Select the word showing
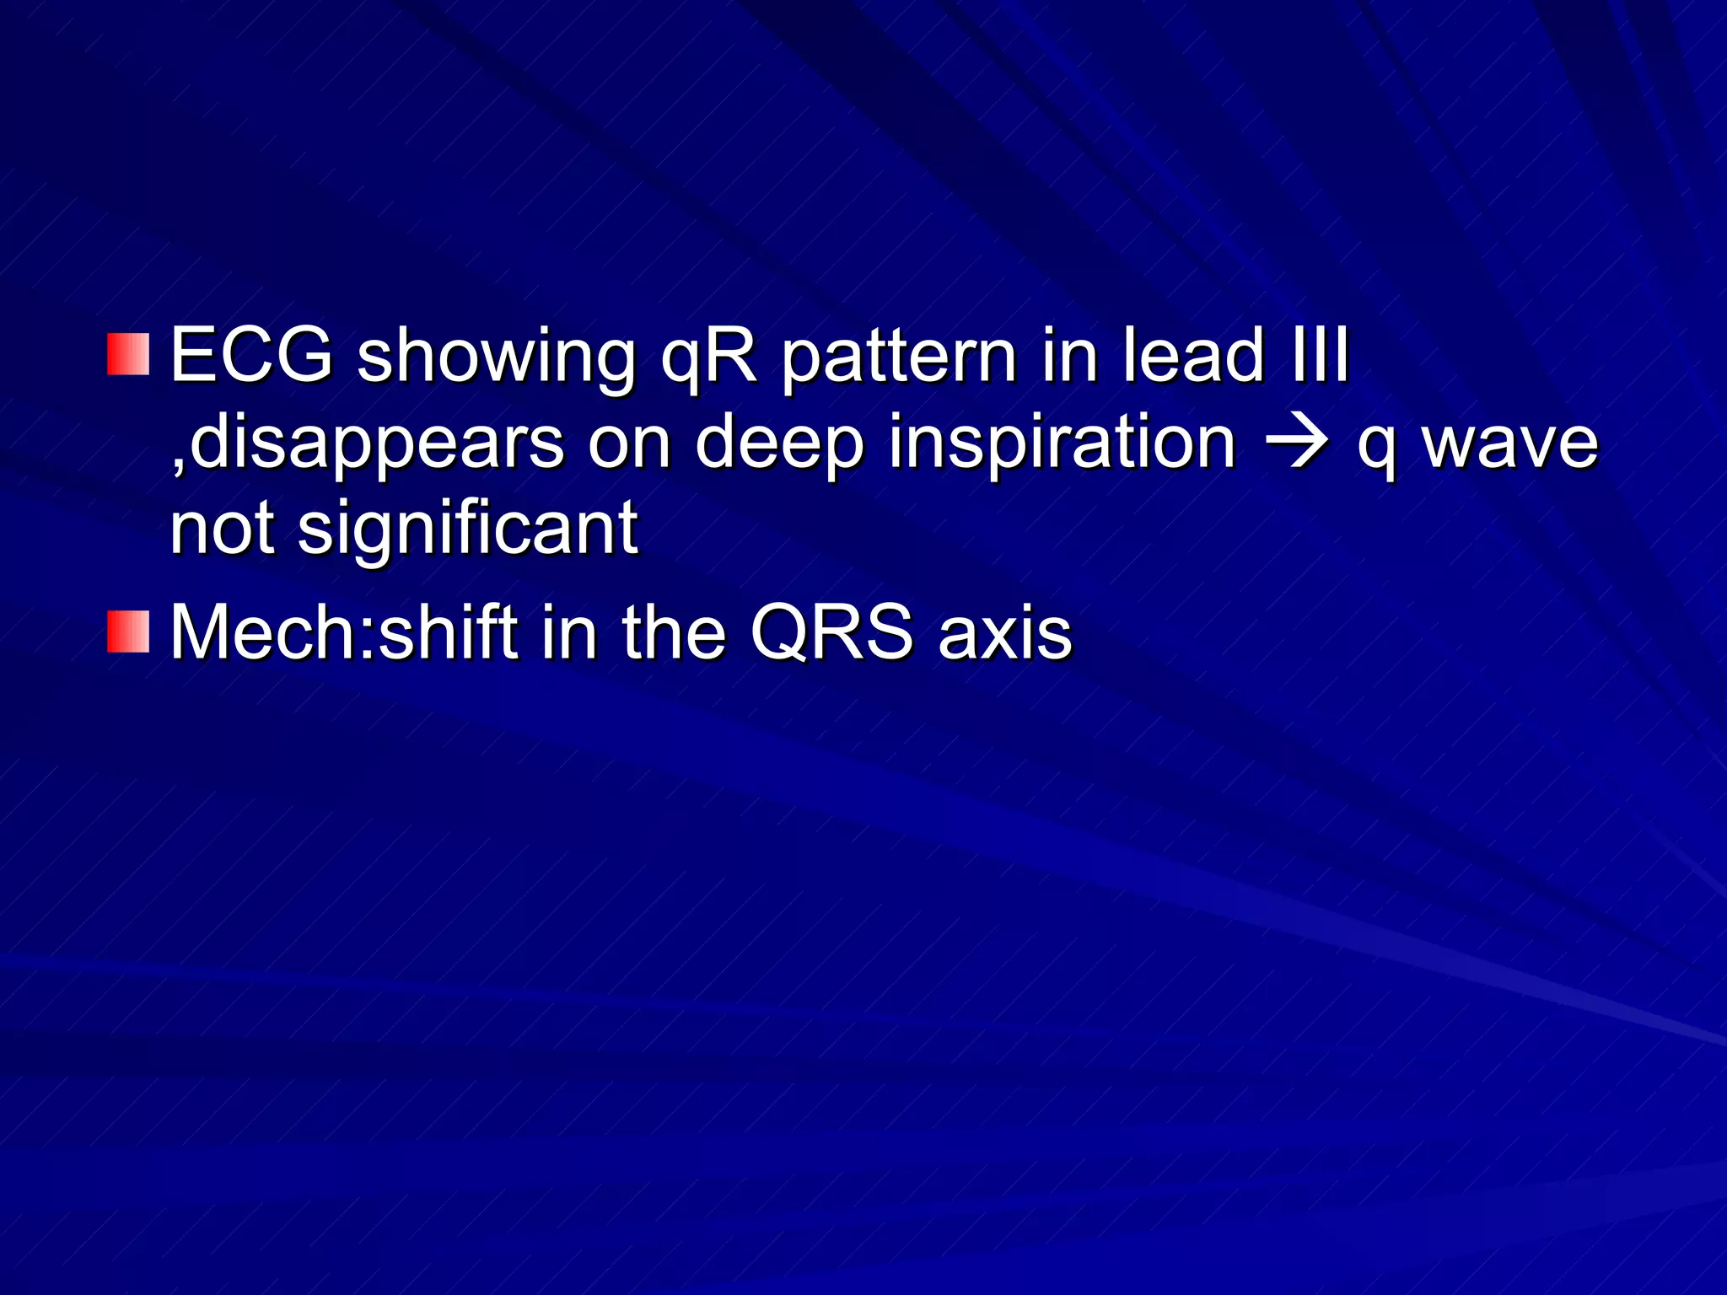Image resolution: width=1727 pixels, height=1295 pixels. pyautogui.click(x=496, y=358)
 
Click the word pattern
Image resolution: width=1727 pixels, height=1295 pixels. pyautogui.click(x=898, y=358)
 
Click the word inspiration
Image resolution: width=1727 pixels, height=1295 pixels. pyautogui.click(x=1062, y=443)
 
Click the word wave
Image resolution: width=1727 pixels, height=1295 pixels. pyautogui.click(x=1510, y=443)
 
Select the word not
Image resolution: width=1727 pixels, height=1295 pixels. pyautogui.click(x=222, y=528)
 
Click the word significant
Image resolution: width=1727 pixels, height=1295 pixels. pyautogui.click(x=468, y=529)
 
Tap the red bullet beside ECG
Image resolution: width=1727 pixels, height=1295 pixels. pyautogui.click(x=128, y=354)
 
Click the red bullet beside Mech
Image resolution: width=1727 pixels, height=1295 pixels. pyautogui.click(x=128, y=632)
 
